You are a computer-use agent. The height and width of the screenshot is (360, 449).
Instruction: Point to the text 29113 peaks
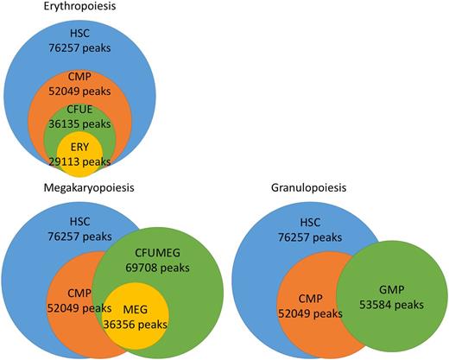point(79,161)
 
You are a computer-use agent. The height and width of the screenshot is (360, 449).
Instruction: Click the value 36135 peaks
point(79,123)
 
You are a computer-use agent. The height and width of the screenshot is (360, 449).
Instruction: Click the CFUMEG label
point(161,251)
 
